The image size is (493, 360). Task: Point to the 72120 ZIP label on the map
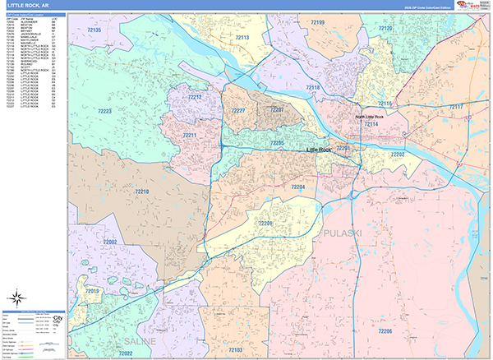pos(385,29)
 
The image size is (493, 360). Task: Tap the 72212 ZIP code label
pos(195,97)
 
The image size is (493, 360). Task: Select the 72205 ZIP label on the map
pos(277,143)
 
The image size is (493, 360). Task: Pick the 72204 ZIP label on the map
pos(297,187)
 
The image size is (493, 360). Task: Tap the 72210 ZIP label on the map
pos(141,192)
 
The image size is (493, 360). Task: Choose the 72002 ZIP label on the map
pos(110,242)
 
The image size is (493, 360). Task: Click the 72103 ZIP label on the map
pos(235,349)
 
